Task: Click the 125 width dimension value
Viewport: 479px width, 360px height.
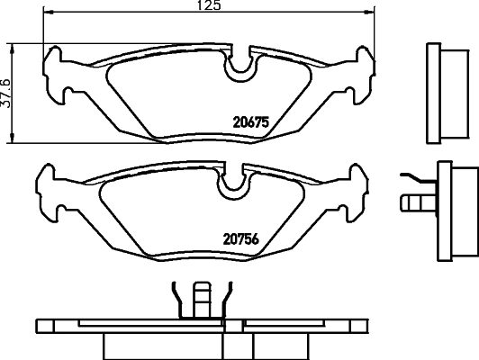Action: click(209, 5)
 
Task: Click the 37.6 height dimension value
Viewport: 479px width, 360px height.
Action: click(8, 91)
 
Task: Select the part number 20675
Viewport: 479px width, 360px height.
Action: click(252, 125)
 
